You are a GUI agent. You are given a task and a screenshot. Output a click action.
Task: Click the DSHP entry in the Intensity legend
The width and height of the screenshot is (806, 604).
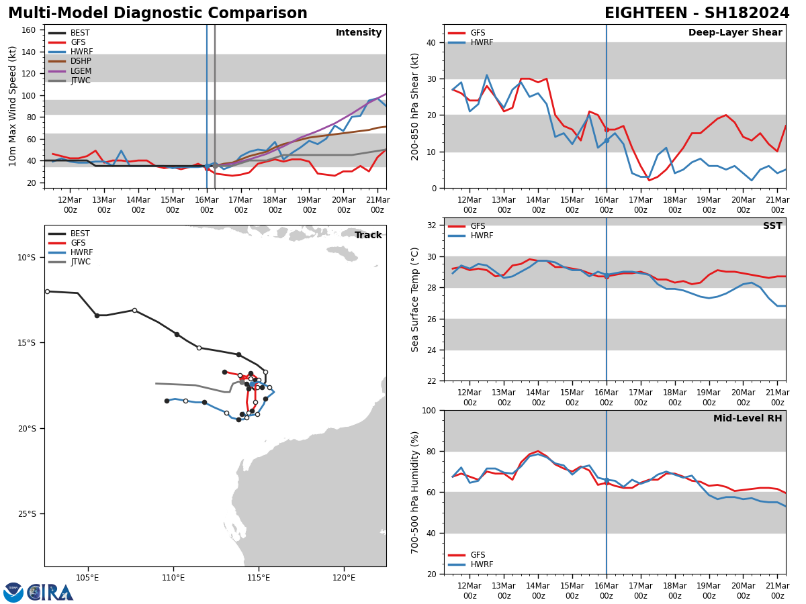point(80,61)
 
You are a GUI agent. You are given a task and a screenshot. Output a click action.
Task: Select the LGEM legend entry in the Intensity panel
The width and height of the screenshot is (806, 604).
point(80,71)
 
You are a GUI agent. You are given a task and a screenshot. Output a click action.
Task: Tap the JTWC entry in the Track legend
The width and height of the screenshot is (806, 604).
point(80,262)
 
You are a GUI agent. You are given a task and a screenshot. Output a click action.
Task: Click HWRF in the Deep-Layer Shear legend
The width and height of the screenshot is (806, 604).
point(482,42)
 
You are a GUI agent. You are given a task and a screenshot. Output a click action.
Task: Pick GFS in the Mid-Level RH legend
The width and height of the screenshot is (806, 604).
point(478,555)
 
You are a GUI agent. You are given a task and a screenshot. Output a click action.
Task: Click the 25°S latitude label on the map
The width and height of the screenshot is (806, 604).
point(27,514)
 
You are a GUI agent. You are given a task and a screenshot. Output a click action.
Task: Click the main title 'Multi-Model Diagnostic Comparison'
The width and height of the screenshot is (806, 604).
point(158,13)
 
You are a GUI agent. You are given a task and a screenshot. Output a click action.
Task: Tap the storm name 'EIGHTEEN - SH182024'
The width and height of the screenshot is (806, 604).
point(697,13)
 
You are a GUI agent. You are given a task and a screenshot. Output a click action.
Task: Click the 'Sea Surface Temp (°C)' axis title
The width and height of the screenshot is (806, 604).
point(416,299)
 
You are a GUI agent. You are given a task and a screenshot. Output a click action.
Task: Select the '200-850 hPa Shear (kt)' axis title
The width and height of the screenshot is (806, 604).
point(416,107)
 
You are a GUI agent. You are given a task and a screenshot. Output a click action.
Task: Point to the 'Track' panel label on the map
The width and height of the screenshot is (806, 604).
point(368,236)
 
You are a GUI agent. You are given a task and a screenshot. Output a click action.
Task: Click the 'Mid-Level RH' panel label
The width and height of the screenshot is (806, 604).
point(748,419)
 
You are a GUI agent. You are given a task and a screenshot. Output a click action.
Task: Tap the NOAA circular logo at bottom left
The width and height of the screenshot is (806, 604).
point(13,593)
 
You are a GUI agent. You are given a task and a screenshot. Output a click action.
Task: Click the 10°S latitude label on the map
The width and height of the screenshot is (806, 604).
point(27,258)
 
